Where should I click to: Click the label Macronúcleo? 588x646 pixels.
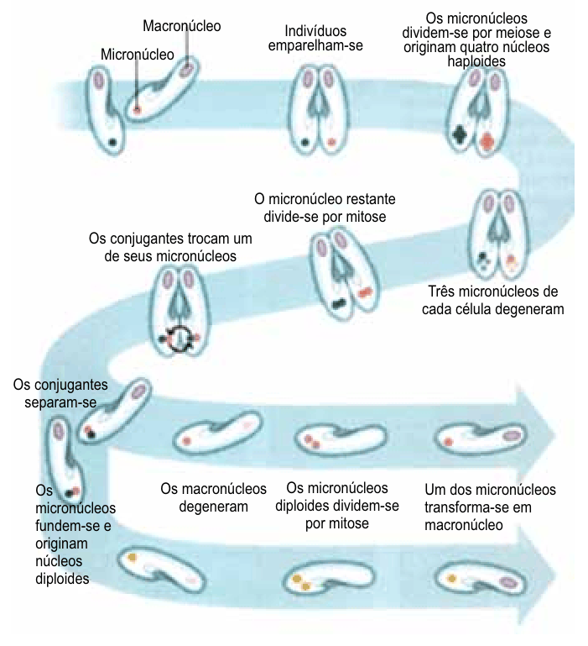click(181, 26)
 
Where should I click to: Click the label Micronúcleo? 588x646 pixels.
click(137, 55)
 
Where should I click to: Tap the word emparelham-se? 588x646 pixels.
click(315, 45)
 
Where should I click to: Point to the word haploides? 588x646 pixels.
click(476, 61)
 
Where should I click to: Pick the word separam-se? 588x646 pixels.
click(60, 402)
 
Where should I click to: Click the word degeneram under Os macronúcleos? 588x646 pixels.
click(214, 507)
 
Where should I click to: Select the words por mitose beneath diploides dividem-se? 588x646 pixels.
click(337, 523)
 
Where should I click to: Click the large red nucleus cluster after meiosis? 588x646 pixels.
click(487, 141)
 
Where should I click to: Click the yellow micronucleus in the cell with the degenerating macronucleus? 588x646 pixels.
click(132, 558)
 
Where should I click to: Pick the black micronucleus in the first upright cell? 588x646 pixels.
click(112, 143)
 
